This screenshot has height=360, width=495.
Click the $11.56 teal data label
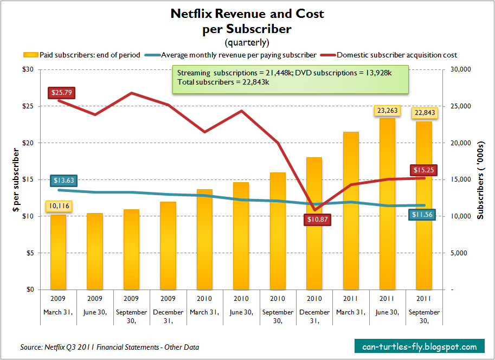422,215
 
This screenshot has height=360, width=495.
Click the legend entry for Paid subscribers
82,55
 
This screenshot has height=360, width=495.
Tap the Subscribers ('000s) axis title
480,179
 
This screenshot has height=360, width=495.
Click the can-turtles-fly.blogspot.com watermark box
419,346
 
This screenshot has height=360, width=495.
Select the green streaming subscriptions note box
290,80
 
